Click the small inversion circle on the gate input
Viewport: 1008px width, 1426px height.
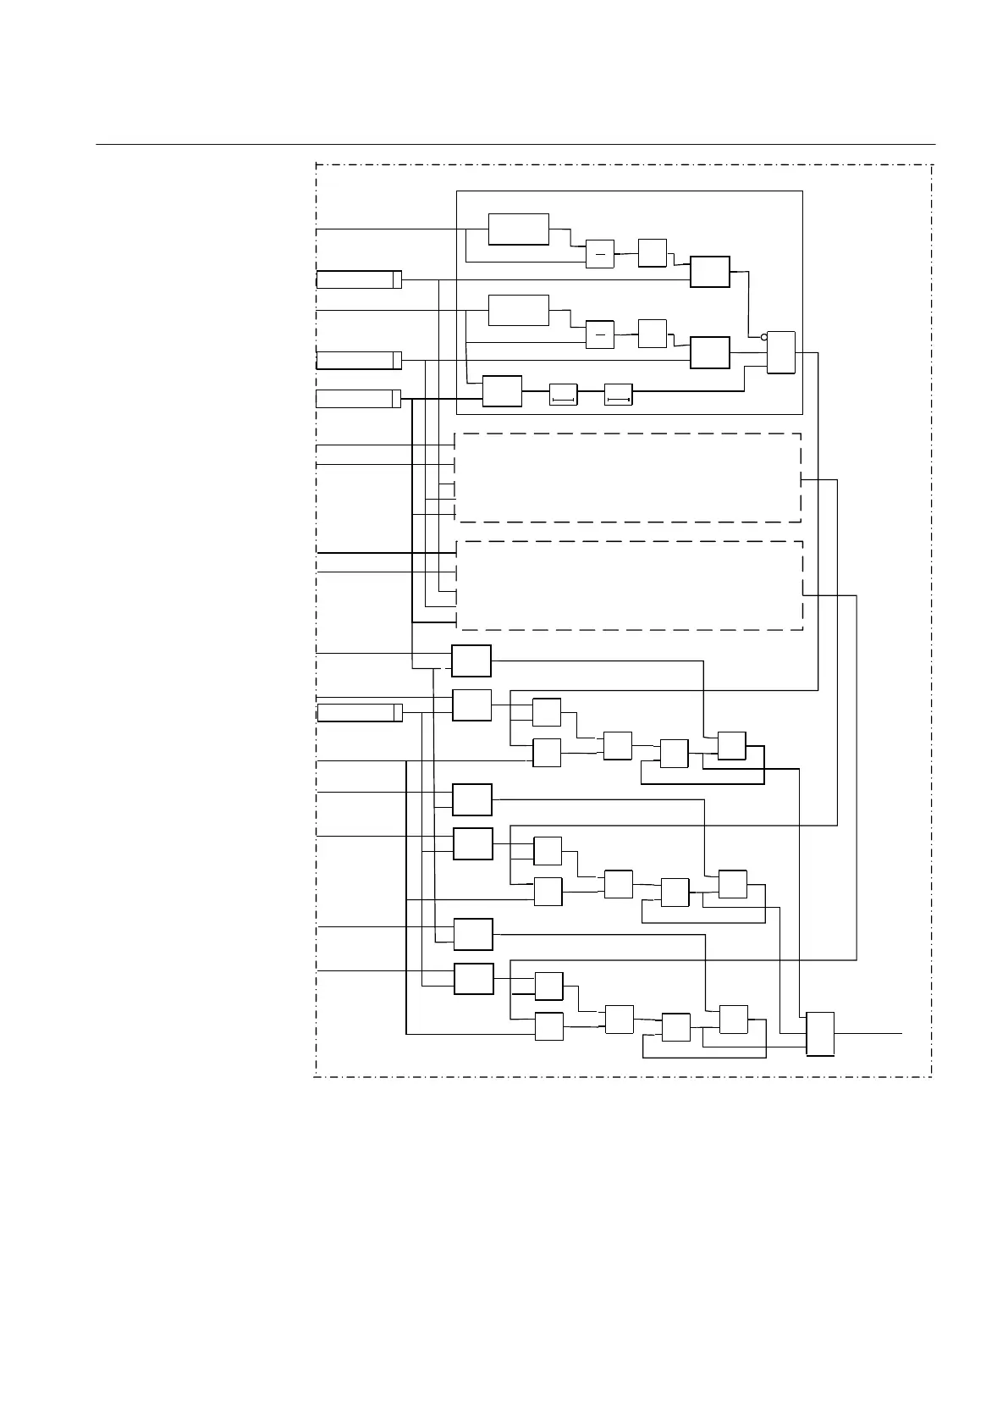tap(764, 337)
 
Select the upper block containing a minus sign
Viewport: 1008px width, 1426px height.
tap(600, 254)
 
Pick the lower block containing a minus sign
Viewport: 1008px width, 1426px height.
tap(600, 334)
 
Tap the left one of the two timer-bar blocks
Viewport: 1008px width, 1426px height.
tap(563, 395)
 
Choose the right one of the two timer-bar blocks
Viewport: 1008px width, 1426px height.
tap(619, 395)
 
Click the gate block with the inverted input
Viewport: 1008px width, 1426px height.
tap(781, 352)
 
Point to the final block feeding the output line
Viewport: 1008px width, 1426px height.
tap(820, 1034)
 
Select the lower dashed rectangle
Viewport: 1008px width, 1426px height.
tap(629, 585)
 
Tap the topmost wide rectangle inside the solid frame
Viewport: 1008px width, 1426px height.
tap(519, 229)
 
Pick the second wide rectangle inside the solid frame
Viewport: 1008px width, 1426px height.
tap(519, 310)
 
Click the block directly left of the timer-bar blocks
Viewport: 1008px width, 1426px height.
tap(502, 391)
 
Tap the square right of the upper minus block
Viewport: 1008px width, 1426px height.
tap(653, 253)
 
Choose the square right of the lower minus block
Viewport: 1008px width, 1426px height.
tap(653, 334)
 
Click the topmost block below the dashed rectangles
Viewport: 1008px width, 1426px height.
tap(471, 661)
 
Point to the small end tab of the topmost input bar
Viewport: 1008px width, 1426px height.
tap(397, 280)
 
